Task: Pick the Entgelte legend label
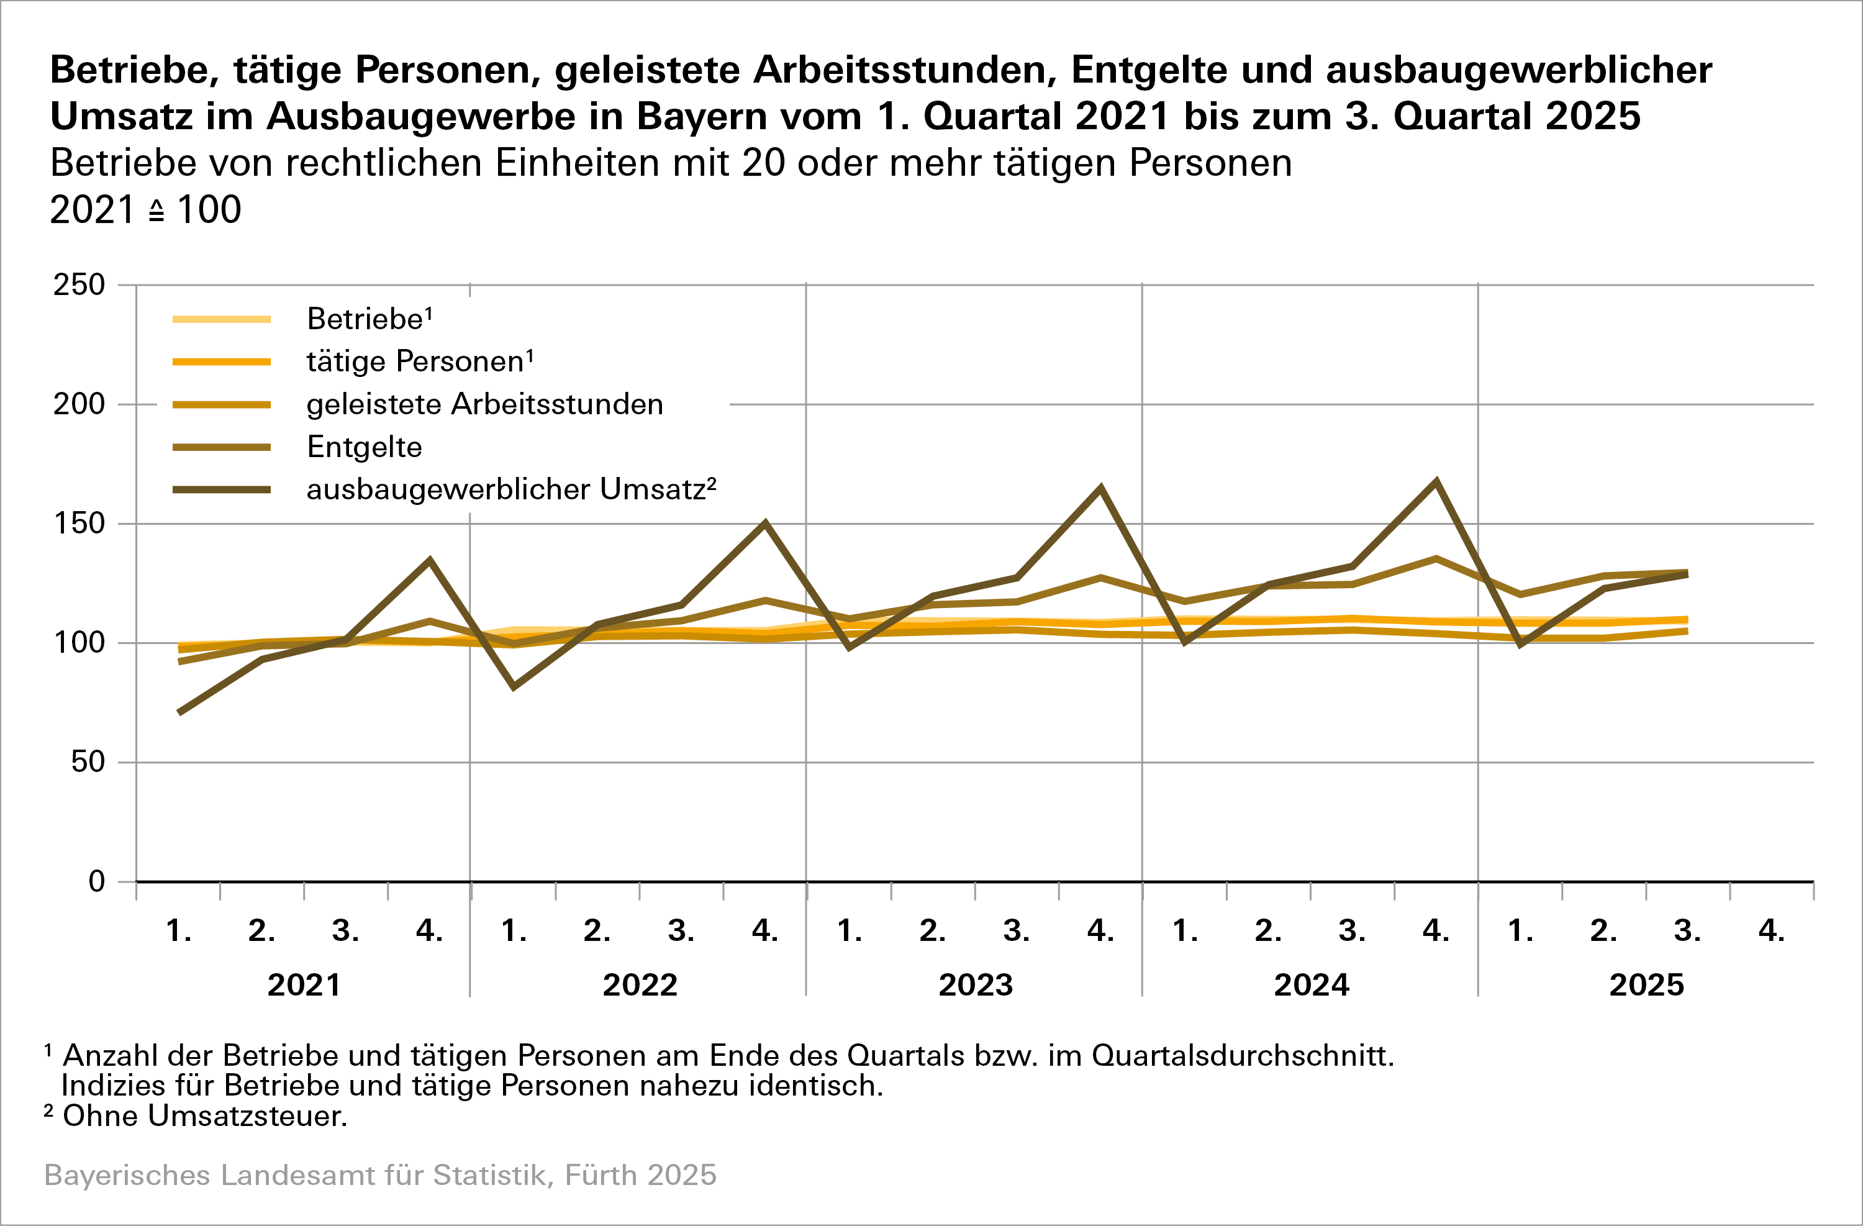(x=364, y=447)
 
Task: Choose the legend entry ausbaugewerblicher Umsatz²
(x=511, y=489)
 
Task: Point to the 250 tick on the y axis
(x=79, y=285)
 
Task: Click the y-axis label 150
(x=79, y=524)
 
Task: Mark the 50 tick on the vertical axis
(x=88, y=762)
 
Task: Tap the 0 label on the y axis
(x=96, y=881)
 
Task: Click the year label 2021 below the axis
(x=304, y=985)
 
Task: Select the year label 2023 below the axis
(x=976, y=985)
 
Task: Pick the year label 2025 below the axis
(x=1646, y=985)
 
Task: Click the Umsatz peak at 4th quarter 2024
(x=1436, y=481)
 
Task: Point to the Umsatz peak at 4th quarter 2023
(x=1100, y=489)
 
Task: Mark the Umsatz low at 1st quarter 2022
(x=514, y=686)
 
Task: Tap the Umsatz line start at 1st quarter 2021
(x=180, y=712)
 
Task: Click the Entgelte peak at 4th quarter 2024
(x=1436, y=558)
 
